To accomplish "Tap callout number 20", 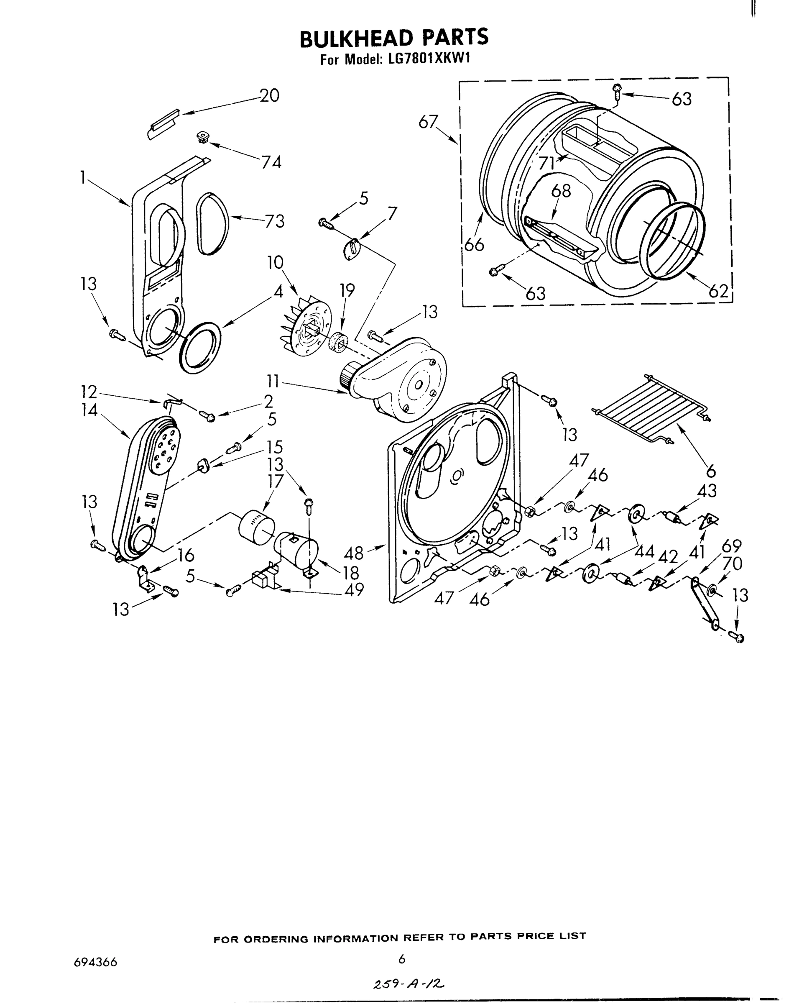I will point(269,96).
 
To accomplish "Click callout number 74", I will point(271,162).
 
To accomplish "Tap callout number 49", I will point(354,589).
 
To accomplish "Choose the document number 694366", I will point(95,963).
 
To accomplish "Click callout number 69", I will point(731,546).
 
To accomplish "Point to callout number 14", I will point(89,410).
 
